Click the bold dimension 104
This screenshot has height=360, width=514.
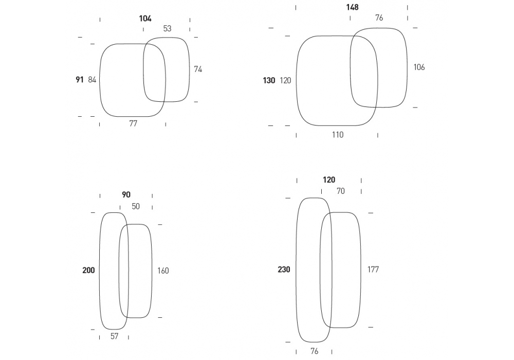tap(145, 19)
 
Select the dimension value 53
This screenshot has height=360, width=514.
tap(167, 29)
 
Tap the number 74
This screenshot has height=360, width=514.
tap(198, 69)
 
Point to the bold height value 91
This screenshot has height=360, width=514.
tap(80, 80)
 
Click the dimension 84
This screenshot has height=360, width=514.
tap(92, 80)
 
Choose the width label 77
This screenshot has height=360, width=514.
tap(133, 123)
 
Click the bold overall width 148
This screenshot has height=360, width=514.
tap(353, 7)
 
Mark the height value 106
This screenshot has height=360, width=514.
tap(419, 67)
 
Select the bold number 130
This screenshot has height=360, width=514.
tap(269, 80)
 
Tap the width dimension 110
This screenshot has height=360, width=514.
tap(338, 135)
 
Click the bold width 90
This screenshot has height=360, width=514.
tap(126, 195)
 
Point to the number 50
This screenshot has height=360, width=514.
tap(136, 207)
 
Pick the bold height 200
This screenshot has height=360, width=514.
tap(88, 270)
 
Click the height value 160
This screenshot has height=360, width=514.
tap(163, 271)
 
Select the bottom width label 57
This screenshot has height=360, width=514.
tap(114, 336)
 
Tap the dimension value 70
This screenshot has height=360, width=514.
tap(341, 191)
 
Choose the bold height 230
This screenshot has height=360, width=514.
tap(284, 269)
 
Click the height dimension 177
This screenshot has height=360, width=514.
tap(373, 269)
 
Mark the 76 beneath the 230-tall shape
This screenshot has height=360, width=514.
tap(315, 351)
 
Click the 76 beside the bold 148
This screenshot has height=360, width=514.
tap(379, 17)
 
